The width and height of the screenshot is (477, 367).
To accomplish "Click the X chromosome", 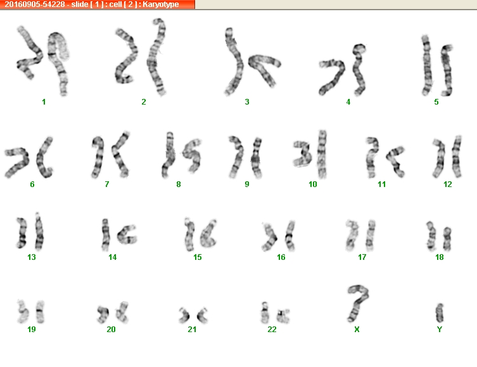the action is pyautogui.click(x=356, y=304).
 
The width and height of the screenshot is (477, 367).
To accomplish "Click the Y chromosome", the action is pyautogui.click(x=440, y=313).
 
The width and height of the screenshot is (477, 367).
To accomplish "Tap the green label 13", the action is pyautogui.click(x=32, y=257).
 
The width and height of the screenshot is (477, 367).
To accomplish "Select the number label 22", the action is pyautogui.click(x=272, y=329).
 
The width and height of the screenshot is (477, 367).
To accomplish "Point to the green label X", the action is pyautogui.click(x=357, y=329).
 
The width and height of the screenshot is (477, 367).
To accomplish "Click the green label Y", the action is pyautogui.click(x=439, y=329).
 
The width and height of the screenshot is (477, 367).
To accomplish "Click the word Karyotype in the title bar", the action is pyautogui.click(x=161, y=4).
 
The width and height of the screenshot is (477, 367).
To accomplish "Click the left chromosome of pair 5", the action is pyautogui.click(x=426, y=65).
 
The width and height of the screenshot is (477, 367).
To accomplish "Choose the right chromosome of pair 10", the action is pyautogui.click(x=322, y=155).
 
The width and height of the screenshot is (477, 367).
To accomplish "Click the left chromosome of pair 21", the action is pyautogui.click(x=184, y=316).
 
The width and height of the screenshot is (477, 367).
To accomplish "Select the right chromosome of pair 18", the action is pyautogui.click(x=447, y=239).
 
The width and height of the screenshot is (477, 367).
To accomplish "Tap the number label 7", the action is pyautogui.click(x=107, y=184).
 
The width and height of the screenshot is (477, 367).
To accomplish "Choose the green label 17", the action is pyautogui.click(x=362, y=257).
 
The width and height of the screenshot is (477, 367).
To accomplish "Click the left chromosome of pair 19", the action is pyautogui.click(x=23, y=312).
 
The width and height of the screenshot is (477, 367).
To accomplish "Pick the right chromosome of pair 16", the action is pyautogui.click(x=290, y=236).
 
